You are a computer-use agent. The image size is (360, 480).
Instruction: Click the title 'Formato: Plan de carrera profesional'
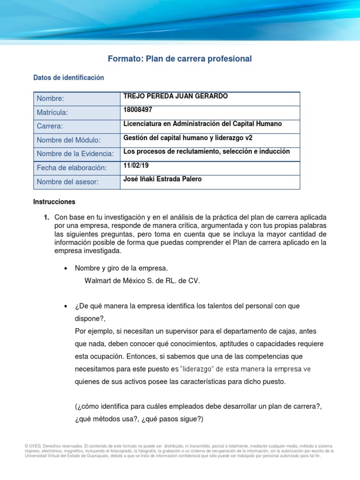click(x=180, y=59)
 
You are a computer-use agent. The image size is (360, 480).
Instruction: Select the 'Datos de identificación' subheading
click(x=68, y=78)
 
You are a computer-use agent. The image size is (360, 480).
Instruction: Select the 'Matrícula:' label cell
click(x=52, y=112)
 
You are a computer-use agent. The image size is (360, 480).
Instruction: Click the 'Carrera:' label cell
click(x=50, y=126)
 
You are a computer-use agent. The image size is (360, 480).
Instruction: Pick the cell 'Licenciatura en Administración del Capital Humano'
click(x=202, y=124)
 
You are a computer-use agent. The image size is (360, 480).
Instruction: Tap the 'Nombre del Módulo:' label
click(x=69, y=140)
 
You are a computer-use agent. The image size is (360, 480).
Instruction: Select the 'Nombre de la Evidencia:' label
click(x=75, y=154)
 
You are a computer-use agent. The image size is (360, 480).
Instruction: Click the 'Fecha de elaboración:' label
click(x=72, y=168)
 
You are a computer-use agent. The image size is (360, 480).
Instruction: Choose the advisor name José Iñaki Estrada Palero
click(x=162, y=179)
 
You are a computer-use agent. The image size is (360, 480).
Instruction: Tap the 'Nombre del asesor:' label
click(x=67, y=182)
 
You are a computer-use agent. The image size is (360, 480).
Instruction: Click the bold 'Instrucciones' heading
click(x=54, y=202)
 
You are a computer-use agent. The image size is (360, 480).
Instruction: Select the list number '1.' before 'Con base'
click(x=46, y=217)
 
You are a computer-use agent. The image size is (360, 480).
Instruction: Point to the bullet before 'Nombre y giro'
click(x=66, y=269)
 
